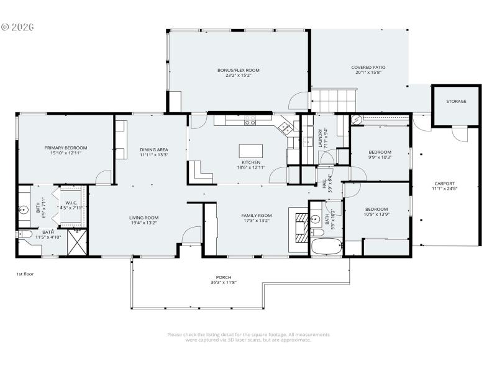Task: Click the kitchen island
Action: (250, 151)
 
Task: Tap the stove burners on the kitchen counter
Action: (250, 123)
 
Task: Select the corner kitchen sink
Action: (285, 128)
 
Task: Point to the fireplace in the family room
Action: (300, 226)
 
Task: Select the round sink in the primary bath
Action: (25, 210)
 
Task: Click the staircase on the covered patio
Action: (334, 97)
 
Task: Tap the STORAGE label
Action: (456, 101)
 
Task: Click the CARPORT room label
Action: (444, 184)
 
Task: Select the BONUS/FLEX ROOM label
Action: (238, 70)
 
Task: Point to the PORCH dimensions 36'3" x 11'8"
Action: (223, 283)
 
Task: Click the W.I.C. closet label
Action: (71, 203)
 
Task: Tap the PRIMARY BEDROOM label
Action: (65, 148)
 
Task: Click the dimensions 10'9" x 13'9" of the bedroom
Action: (376, 215)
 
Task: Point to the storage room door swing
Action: (460, 133)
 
